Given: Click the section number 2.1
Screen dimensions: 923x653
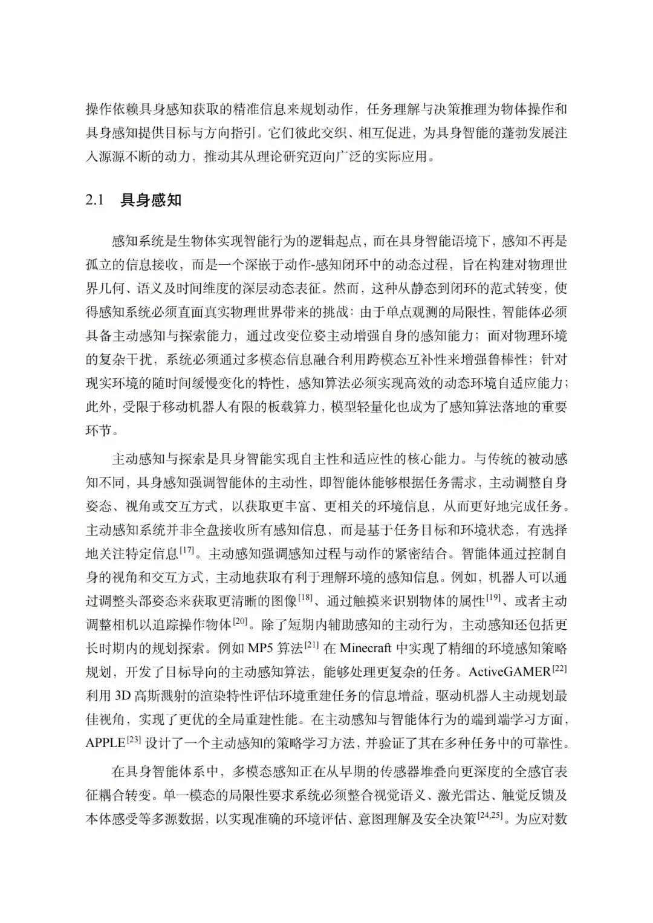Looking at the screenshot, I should point(96,201).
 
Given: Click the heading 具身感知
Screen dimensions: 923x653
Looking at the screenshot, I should point(151,201).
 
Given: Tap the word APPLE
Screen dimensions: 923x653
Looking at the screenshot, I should point(105,743).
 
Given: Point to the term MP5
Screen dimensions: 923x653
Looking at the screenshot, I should point(262,649).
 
